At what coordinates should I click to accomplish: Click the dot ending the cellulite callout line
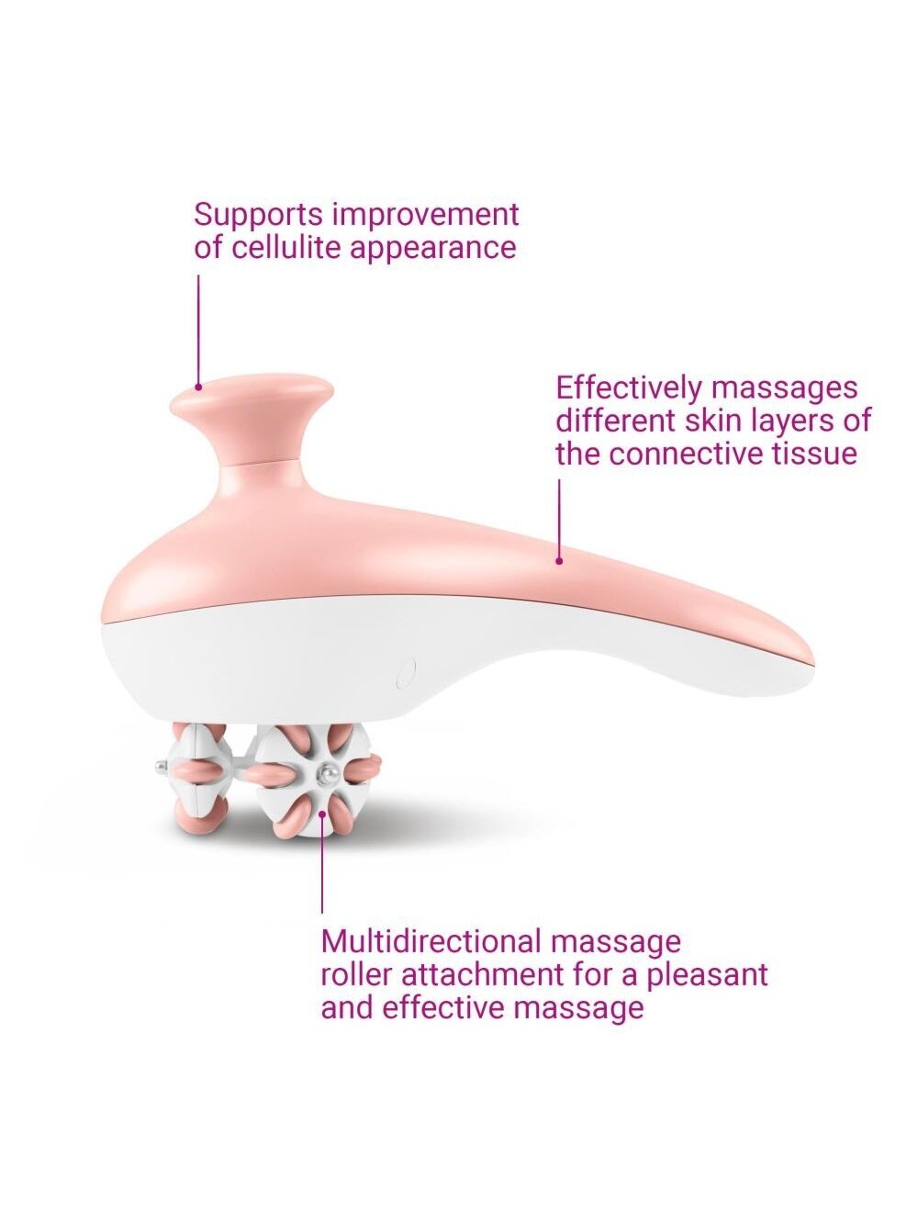(198, 387)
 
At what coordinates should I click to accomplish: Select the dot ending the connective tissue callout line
(559, 561)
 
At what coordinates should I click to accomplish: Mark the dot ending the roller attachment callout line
(322, 814)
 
